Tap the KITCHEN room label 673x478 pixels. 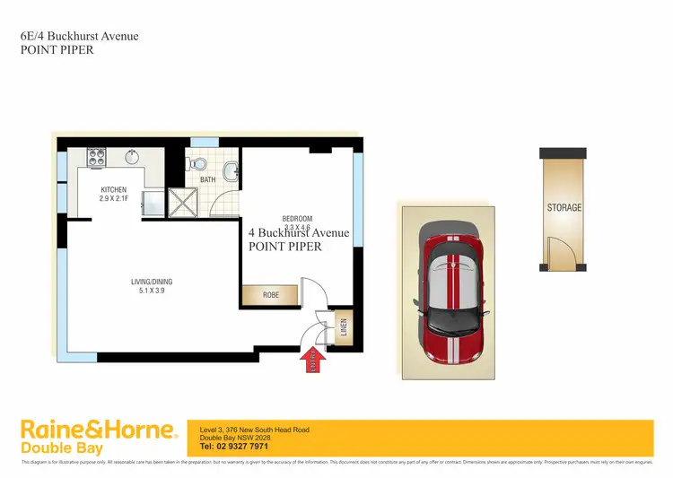[x=113, y=189]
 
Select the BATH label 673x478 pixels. [x=207, y=180]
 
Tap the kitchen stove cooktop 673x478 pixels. [x=96, y=158]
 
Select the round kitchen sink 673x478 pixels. [x=132, y=158]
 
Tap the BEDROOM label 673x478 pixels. [x=297, y=219]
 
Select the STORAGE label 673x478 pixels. [x=564, y=208]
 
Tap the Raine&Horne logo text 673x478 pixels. [x=98, y=430]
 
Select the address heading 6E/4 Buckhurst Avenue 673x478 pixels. [x=79, y=37]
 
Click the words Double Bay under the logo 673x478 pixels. [x=62, y=448]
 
